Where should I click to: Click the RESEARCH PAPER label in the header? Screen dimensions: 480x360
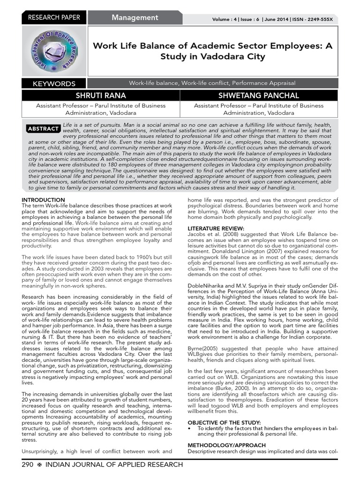point(54,18)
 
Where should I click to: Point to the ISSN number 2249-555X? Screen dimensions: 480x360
point(317,19)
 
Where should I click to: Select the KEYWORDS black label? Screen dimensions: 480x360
point(54,84)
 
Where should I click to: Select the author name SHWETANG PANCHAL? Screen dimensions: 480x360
point(259,96)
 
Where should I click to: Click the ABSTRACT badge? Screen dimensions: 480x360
point(44,128)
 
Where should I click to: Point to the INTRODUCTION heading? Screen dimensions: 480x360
point(44,200)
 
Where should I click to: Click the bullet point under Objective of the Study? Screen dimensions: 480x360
point(189,428)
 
